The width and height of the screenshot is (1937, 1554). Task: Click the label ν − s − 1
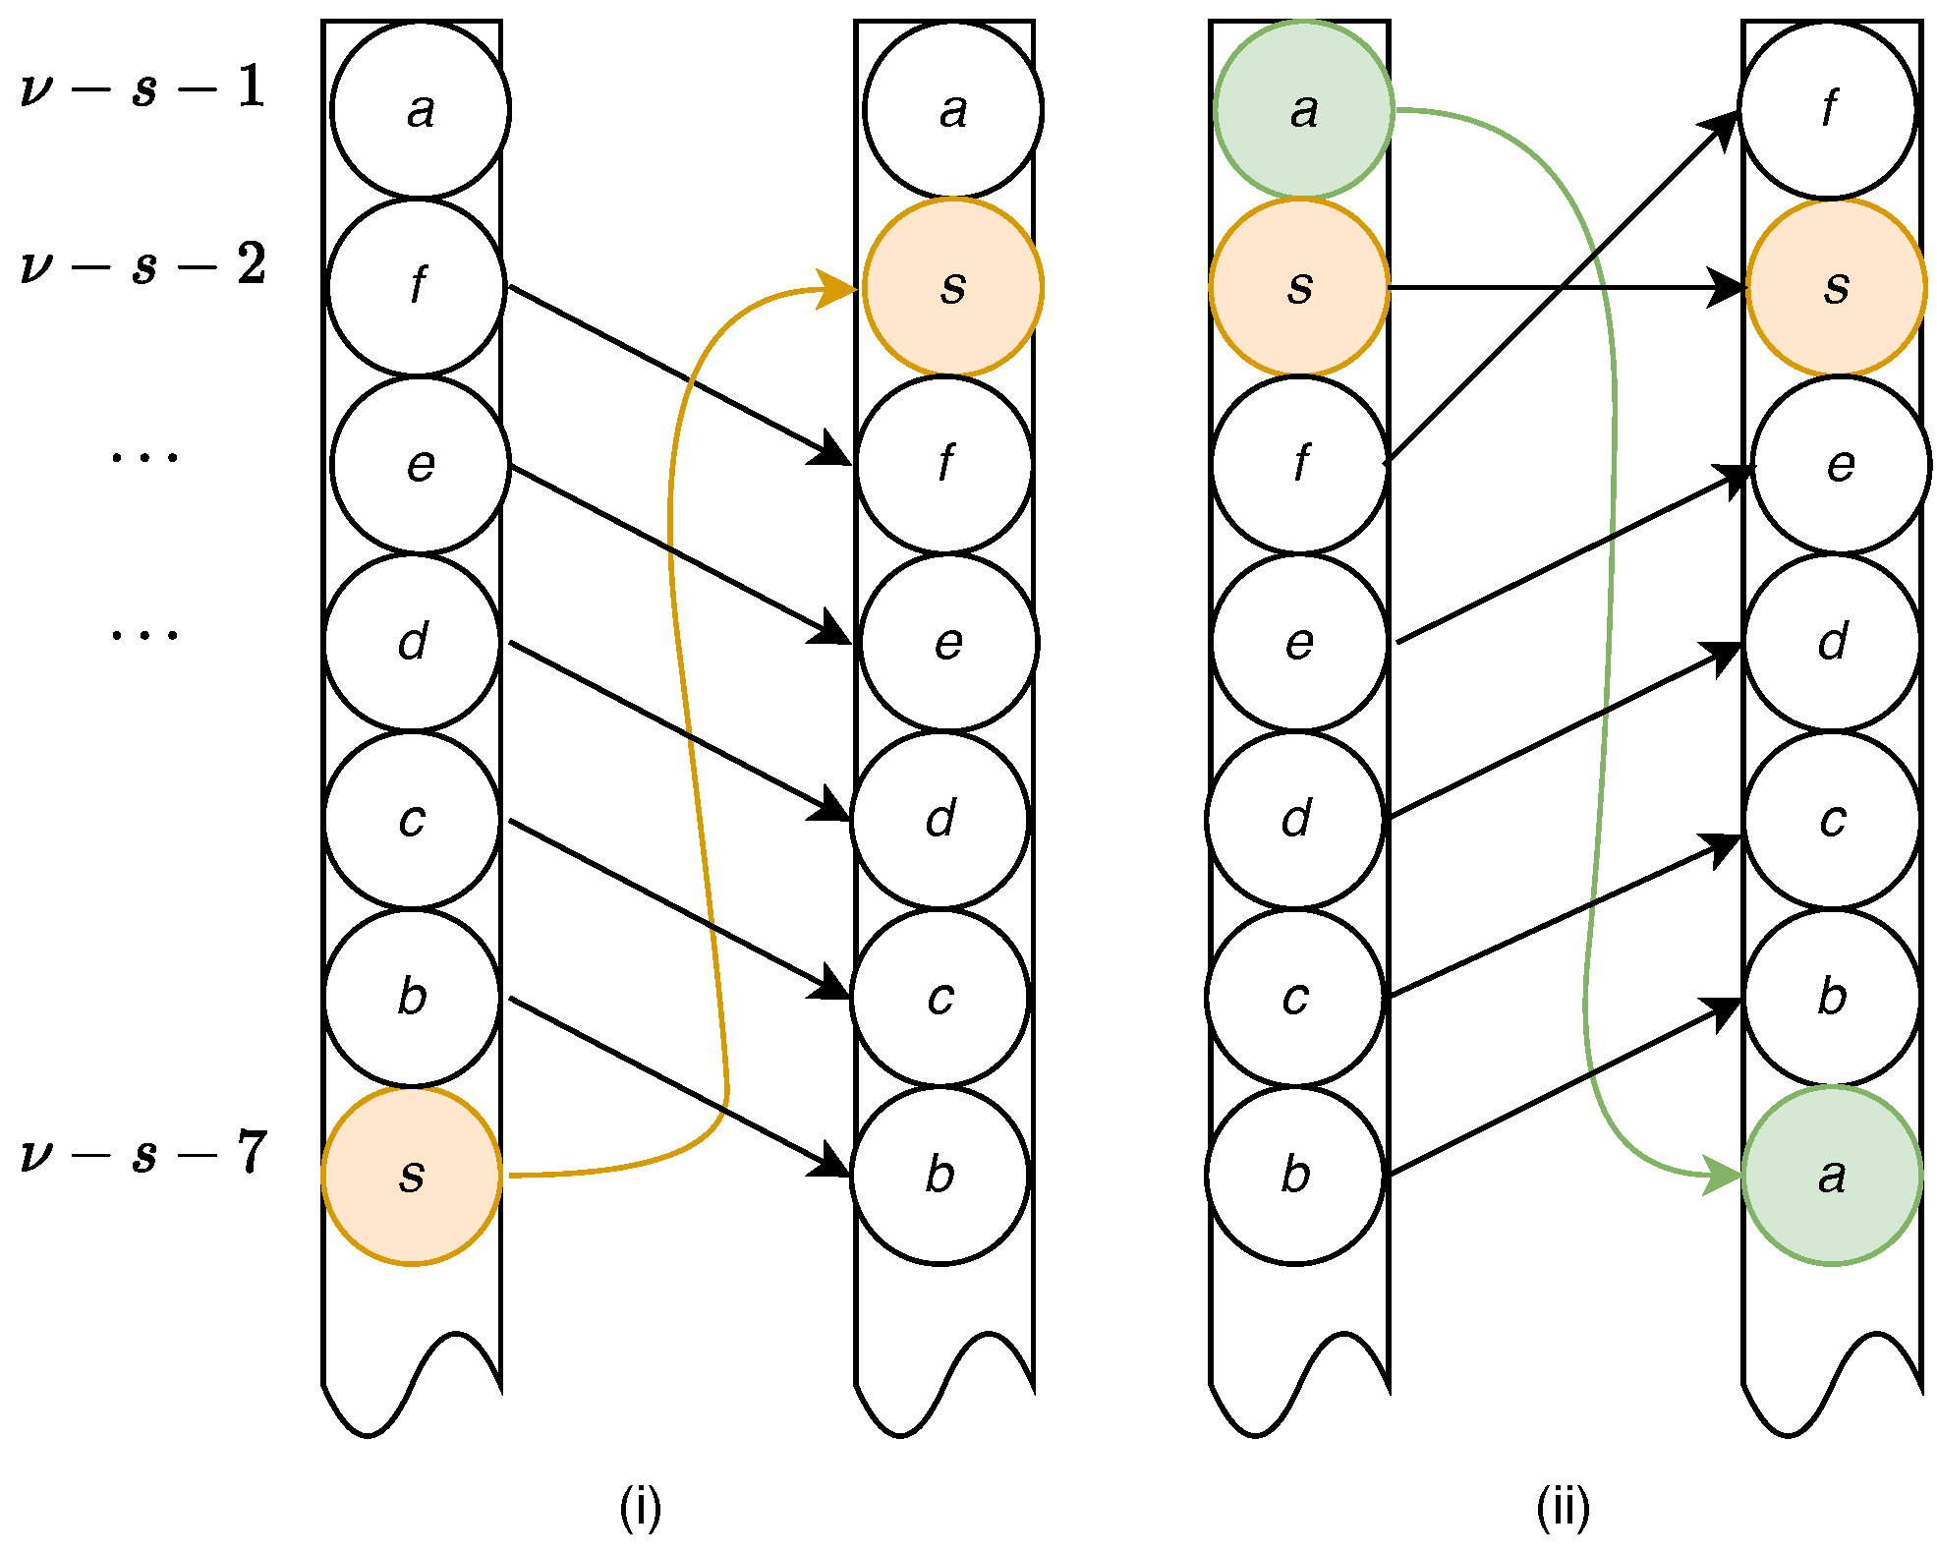pos(143,88)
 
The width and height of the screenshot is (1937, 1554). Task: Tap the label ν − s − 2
pos(143,266)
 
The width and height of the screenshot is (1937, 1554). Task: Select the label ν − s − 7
pos(143,1154)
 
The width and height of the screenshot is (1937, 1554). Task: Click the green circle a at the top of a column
pos(1303,109)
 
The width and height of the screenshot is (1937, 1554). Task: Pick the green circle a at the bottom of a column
pos(1831,1175)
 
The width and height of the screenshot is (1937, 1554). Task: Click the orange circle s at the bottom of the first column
pos(412,1175)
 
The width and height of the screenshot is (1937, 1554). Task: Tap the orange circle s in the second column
pos(952,287)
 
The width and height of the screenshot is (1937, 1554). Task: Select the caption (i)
pos(640,1507)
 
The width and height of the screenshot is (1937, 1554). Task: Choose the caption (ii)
pos(1563,1507)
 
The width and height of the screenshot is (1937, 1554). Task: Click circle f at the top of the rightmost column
pos(1828,109)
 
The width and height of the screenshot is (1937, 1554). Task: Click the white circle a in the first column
pos(420,109)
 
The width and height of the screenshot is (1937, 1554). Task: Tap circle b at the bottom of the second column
pos(940,1175)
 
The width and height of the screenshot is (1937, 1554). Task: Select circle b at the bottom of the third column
pos(1295,1175)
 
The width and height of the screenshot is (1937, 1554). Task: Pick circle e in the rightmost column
pos(1840,465)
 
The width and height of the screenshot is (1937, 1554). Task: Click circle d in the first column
pos(413,642)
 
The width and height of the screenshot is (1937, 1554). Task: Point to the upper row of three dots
pos(144,457)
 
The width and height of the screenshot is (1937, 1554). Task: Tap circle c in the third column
pos(1295,997)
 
